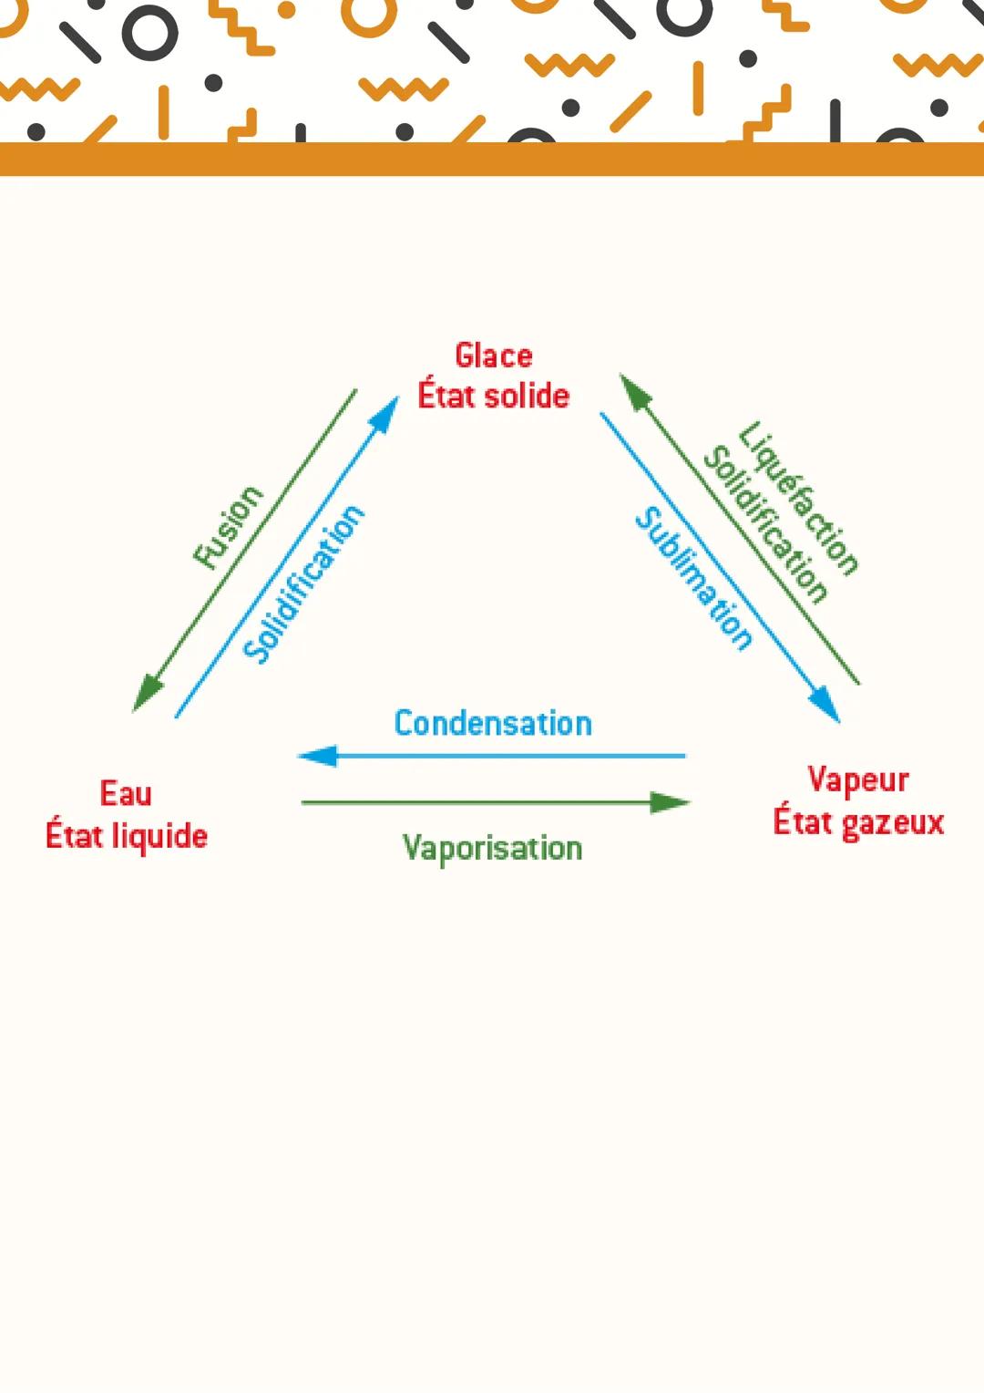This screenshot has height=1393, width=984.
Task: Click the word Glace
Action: pos(493,355)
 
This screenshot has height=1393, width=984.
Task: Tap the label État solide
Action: pos(493,396)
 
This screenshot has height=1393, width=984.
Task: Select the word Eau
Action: pos(126,793)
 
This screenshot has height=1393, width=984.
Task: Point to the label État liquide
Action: pos(127,835)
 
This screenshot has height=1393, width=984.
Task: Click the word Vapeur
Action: pos(857,779)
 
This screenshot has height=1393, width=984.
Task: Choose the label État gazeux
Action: pos(858,821)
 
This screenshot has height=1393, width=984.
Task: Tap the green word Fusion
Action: pos(229,528)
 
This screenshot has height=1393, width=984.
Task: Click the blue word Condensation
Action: pos(493,723)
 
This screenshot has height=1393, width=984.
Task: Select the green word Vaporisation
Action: pos(492,848)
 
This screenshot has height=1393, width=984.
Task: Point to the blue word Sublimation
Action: pos(694,579)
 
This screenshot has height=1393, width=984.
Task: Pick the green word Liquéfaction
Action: pos(799,498)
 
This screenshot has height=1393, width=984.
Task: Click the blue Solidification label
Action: pos(304,583)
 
